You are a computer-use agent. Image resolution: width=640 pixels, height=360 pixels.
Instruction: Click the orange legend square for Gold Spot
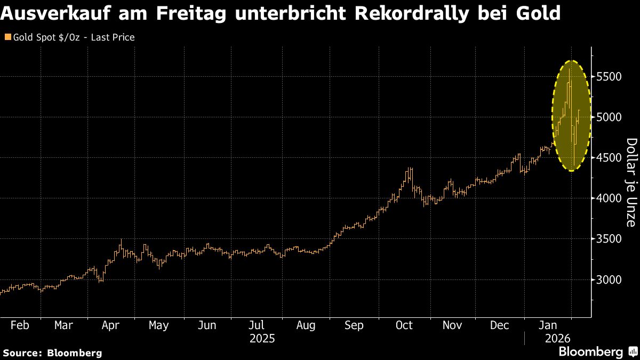pos(7,37)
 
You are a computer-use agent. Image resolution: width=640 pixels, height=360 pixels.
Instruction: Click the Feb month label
pos(20,325)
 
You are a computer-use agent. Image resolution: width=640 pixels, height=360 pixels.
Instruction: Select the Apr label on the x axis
pos(110,325)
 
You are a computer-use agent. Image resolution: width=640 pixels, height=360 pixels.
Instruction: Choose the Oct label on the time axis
pos(404,325)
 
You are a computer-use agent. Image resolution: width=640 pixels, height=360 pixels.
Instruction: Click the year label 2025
pos(262,339)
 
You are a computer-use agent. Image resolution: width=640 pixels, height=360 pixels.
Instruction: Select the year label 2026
pos(557,339)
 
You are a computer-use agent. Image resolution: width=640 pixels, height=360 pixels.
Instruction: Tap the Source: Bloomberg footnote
pos(52,353)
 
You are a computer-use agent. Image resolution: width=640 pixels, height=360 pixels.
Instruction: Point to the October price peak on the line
pos(410,168)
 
